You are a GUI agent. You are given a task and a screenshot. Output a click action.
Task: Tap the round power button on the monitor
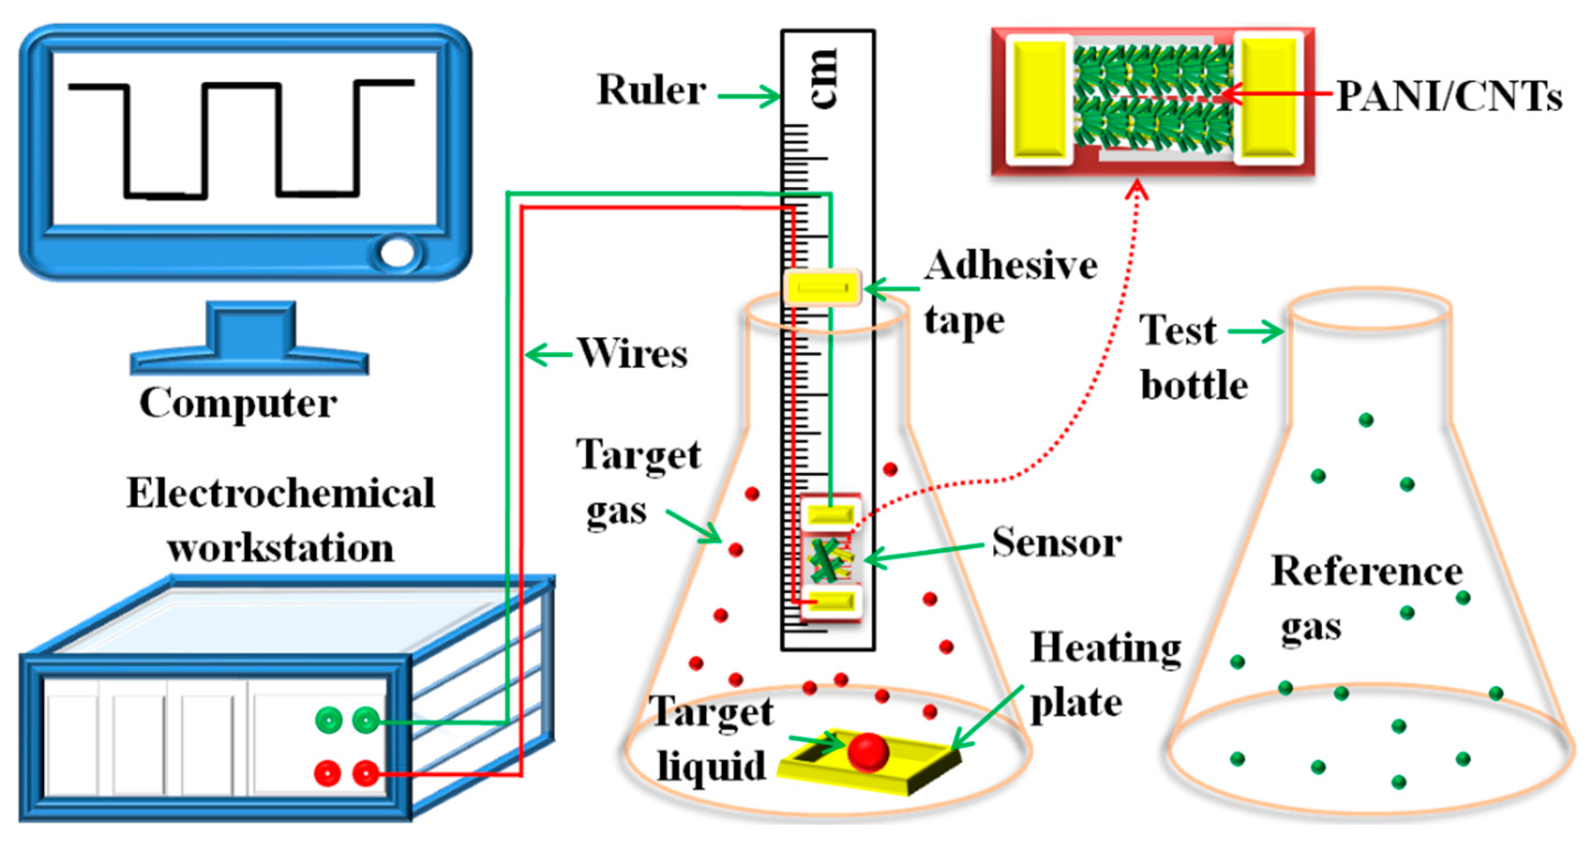click(397, 253)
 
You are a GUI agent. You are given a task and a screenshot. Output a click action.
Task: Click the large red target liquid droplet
click(868, 752)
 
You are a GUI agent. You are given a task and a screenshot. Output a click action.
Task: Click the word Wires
click(633, 353)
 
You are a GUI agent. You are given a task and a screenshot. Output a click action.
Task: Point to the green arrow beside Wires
click(546, 355)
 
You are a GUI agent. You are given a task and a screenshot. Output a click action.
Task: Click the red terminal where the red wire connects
click(365, 773)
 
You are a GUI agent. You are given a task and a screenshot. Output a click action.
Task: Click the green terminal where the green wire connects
click(365, 720)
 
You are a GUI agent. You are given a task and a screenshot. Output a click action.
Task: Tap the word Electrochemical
click(281, 494)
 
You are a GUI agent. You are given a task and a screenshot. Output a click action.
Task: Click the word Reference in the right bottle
click(1367, 571)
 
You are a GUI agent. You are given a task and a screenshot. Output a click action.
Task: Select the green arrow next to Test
click(1256, 331)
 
